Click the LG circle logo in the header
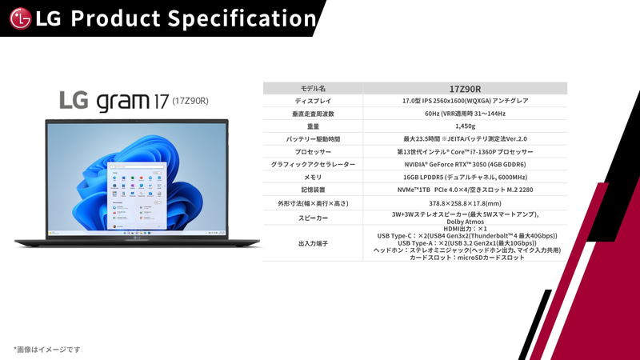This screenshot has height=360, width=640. [21, 18]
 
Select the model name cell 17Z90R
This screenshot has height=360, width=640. [465, 88]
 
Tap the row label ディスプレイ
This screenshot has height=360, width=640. [313, 101]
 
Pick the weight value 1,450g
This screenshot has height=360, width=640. [465, 126]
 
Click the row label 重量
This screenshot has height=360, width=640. [313, 126]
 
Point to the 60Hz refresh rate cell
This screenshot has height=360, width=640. [465, 114]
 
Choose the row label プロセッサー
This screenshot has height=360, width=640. [313, 151]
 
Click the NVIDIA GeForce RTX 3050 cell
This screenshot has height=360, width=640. [465, 164]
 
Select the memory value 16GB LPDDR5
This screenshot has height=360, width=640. [465, 177]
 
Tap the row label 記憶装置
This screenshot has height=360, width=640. [313, 190]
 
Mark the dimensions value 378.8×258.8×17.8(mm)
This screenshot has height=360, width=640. [465, 203]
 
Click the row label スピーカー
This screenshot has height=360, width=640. [313, 218]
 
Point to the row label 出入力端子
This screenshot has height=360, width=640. [313, 243]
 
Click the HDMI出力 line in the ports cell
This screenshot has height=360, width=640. [466, 229]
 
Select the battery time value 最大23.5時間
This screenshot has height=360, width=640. [465, 139]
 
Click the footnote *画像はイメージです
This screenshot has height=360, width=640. [46, 350]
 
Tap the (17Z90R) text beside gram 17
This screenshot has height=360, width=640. [190, 101]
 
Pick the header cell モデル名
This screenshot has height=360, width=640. [313, 88]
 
